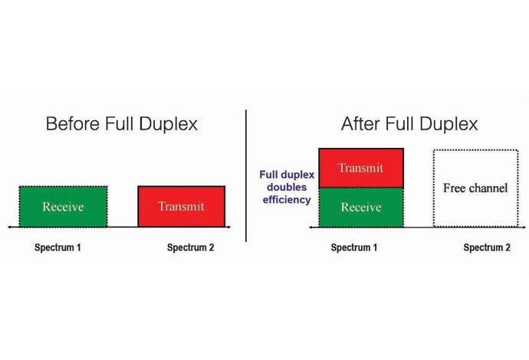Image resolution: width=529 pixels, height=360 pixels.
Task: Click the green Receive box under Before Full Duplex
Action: click(64, 206)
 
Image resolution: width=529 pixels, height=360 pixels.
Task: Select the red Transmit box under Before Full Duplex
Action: click(182, 206)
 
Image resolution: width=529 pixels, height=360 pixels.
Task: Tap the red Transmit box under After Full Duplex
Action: click(361, 168)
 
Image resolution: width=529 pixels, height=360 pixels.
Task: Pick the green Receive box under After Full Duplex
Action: click(361, 208)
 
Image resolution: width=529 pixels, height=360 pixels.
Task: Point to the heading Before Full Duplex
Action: click(121, 124)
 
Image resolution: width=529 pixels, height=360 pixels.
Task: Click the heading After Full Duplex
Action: click(409, 124)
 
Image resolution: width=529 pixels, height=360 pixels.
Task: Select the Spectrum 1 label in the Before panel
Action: click(58, 247)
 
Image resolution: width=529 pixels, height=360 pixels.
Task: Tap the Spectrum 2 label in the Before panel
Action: click(191, 247)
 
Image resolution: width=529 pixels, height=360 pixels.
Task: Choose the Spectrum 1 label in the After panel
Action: click(354, 247)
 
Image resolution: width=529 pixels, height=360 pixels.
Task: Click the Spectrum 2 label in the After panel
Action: click(487, 247)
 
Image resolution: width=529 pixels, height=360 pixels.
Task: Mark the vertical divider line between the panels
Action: click(246, 175)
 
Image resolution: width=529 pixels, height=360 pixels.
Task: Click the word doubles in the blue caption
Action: click(287, 187)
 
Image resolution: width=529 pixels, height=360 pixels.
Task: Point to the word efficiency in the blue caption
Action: click(287, 200)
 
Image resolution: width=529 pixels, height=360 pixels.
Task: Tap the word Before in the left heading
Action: click(73, 124)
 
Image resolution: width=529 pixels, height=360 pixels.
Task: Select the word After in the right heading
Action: click(360, 124)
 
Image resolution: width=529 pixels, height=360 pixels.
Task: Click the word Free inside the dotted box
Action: click(455, 188)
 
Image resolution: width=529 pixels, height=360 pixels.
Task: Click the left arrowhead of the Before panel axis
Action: click(10, 227)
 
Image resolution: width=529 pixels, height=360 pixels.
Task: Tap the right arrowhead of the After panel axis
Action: click(524, 227)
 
